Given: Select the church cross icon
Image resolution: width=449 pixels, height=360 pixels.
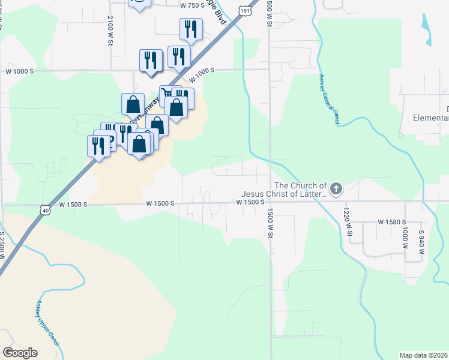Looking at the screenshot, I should click(336, 190).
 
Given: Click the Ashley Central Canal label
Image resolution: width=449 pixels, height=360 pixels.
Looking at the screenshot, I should click(329, 100).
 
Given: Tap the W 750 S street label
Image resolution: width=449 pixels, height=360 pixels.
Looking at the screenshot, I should click(192, 5).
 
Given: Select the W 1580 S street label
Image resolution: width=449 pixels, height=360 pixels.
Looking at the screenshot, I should click(393, 222).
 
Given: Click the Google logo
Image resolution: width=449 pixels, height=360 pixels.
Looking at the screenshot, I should click(20, 352).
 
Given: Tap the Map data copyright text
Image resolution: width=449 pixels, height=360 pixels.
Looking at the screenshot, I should click(423, 355).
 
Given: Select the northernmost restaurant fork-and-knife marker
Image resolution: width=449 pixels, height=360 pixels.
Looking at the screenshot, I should click(191, 29).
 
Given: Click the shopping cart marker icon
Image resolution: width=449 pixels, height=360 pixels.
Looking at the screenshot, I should click(166, 94).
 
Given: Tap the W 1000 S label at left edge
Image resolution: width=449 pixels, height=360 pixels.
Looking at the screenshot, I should click(20, 71).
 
